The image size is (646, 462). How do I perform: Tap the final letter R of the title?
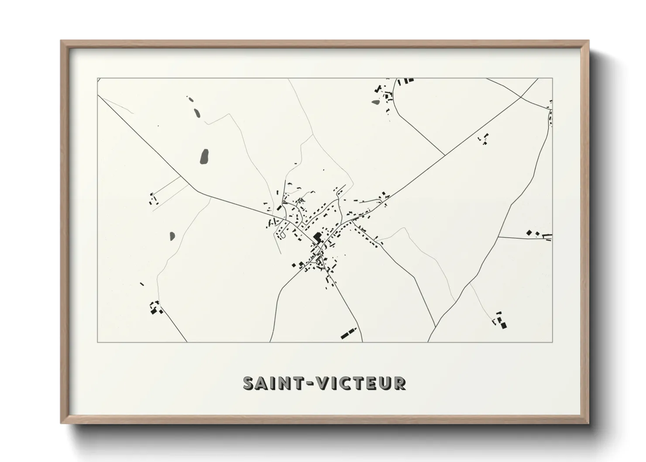(399, 383)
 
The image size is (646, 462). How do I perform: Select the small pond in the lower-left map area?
(172, 236)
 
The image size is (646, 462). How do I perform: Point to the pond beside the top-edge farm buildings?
(376, 103)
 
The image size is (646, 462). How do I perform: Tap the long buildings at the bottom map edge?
(349, 333)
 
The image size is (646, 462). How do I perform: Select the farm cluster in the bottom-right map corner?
(501, 321)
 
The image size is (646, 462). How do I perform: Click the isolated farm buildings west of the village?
(153, 200)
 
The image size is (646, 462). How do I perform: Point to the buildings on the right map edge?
(539, 234)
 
